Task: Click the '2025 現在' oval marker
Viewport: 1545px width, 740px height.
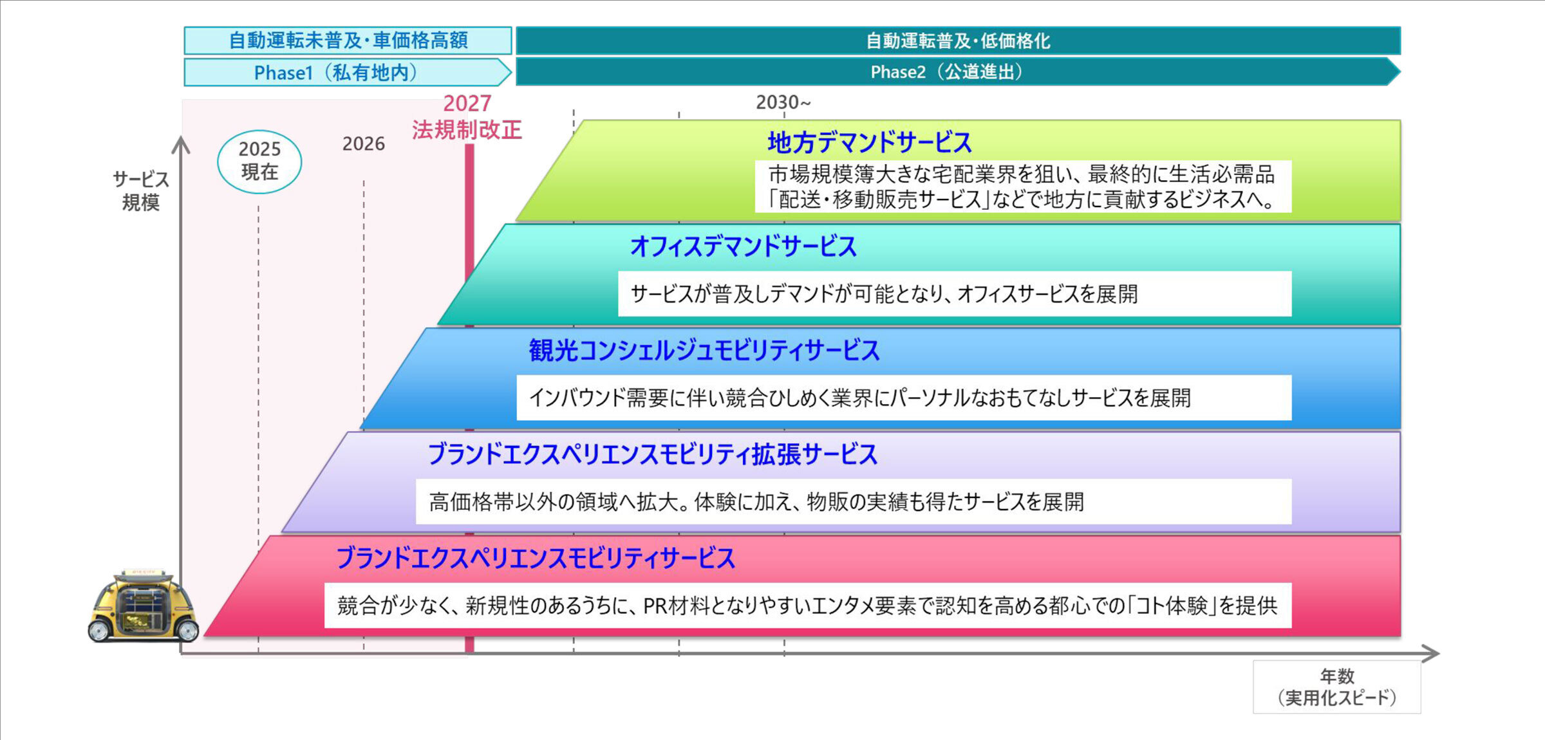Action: point(259,161)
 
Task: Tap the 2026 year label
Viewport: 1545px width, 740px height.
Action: point(363,143)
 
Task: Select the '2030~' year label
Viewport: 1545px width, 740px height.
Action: point(783,102)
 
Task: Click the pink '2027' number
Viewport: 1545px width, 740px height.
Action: point(467,103)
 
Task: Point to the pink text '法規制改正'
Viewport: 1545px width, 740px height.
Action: point(467,130)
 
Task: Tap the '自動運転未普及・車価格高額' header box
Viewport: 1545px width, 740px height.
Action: point(348,41)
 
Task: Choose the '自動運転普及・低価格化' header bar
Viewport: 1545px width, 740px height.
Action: point(958,41)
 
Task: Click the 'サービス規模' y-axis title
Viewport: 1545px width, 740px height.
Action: point(141,190)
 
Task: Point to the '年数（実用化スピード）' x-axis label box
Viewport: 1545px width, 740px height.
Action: point(1336,687)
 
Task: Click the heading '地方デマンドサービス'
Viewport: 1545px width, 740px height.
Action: point(869,142)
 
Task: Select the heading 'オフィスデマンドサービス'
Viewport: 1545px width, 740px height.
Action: point(743,246)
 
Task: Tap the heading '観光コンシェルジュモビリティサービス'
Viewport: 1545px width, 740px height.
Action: point(704,351)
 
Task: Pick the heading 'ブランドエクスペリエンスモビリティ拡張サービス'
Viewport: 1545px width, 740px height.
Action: point(652,454)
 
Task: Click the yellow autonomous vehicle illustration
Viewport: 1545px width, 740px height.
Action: point(144,607)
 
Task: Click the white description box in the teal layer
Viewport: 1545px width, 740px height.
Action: point(954,294)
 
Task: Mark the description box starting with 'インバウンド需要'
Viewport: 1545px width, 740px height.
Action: point(903,398)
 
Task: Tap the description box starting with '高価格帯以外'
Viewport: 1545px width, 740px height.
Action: point(853,502)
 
